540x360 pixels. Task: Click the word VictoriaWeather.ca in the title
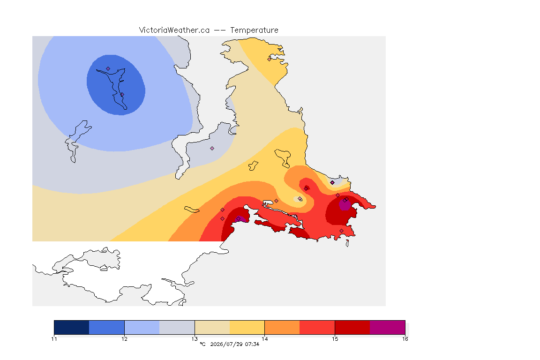(x=174, y=30)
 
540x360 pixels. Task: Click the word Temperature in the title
(x=254, y=30)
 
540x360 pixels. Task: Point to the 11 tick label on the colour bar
(x=54, y=339)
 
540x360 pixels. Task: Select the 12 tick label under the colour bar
(x=124, y=339)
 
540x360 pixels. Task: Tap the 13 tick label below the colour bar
(x=195, y=339)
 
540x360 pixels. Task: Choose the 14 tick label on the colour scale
(x=264, y=339)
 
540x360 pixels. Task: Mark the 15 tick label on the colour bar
(x=335, y=339)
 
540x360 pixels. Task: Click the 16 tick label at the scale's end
(x=405, y=339)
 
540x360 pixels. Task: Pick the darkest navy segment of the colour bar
(x=72, y=327)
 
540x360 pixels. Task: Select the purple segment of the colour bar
(x=388, y=327)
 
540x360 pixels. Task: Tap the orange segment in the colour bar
(x=282, y=327)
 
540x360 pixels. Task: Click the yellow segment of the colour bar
(x=247, y=327)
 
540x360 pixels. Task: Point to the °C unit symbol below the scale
(x=202, y=344)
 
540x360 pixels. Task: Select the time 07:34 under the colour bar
(x=252, y=344)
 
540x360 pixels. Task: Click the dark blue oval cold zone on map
(x=116, y=85)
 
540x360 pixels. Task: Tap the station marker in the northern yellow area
(x=270, y=59)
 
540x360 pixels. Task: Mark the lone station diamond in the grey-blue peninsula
(x=212, y=149)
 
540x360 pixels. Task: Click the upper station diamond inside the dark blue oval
(x=108, y=69)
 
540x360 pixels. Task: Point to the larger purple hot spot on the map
(x=345, y=205)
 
